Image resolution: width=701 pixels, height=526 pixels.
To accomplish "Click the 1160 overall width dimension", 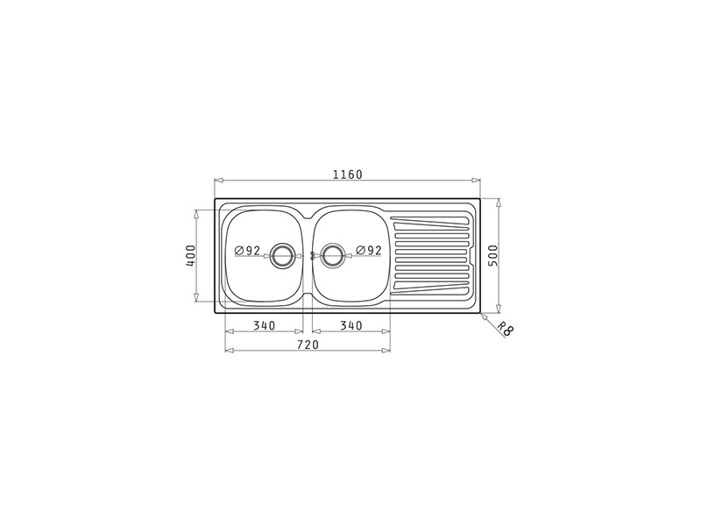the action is click(347, 174).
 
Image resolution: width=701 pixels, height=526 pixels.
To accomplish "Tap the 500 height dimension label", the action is click(492, 255).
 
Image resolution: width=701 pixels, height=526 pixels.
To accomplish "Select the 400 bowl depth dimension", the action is click(190, 255).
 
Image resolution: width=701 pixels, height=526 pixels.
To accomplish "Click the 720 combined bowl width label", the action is click(308, 345).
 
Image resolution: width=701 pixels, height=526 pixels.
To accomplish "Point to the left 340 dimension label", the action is click(265, 325).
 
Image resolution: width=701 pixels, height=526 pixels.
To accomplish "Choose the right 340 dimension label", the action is click(351, 325).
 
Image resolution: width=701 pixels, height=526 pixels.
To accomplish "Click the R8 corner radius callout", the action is click(506, 330).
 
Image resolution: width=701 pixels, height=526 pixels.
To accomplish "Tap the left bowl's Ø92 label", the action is click(247, 251).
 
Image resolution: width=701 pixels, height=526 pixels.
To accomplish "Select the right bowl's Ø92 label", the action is click(369, 251).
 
